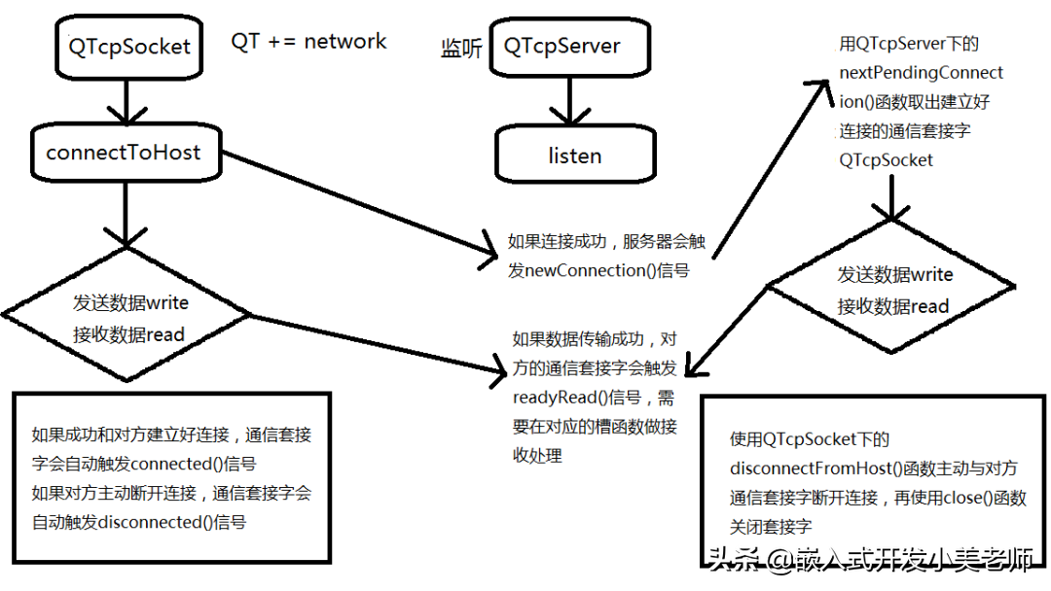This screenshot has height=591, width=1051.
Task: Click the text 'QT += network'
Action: (x=308, y=42)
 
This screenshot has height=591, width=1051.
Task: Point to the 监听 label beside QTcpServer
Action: (x=461, y=49)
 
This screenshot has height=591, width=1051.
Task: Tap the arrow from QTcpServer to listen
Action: (x=569, y=101)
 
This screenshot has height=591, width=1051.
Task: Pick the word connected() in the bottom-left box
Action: (x=176, y=464)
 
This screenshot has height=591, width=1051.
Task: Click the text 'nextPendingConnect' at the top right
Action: (x=921, y=72)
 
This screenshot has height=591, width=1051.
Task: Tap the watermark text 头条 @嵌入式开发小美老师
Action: (x=871, y=559)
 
